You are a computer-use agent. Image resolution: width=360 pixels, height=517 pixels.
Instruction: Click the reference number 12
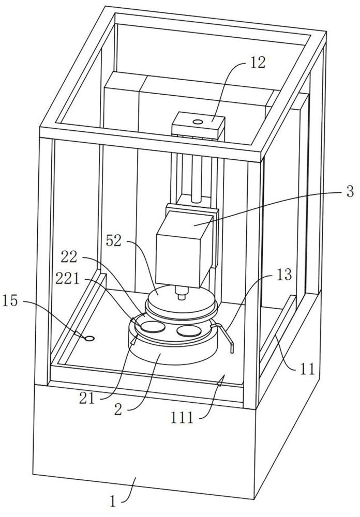[x=257, y=63]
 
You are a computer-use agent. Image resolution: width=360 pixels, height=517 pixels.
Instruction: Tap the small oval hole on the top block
[x=198, y=121]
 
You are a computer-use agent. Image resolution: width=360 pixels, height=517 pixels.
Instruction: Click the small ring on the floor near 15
[x=89, y=338]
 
